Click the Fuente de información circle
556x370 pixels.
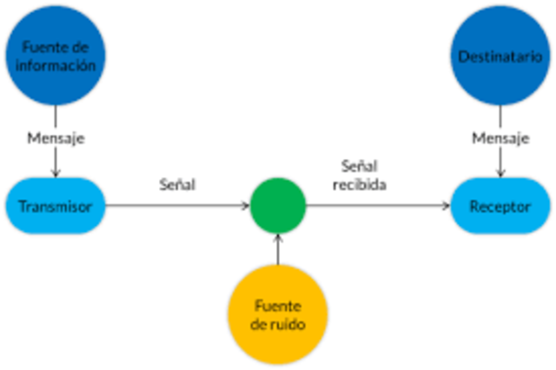click(x=56, y=56)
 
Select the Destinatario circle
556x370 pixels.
click(x=500, y=56)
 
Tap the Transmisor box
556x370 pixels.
click(x=56, y=207)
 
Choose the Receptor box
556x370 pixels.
click(x=500, y=207)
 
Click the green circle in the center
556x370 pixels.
click(x=278, y=207)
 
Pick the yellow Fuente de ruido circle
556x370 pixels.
click(x=278, y=314)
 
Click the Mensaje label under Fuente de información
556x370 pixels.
click(x=56, y=138)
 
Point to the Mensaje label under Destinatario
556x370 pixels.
click(x=500, y=138)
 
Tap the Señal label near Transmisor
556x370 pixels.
click(x=177, y=185)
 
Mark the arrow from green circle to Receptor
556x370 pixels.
click(x=378, y=207)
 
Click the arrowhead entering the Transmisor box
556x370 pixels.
click(x=56, y=172)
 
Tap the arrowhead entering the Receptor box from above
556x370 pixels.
click(x=500, y=172)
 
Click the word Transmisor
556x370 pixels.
click(x=56, y=207)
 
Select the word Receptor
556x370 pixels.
click(x=500, y=207)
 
